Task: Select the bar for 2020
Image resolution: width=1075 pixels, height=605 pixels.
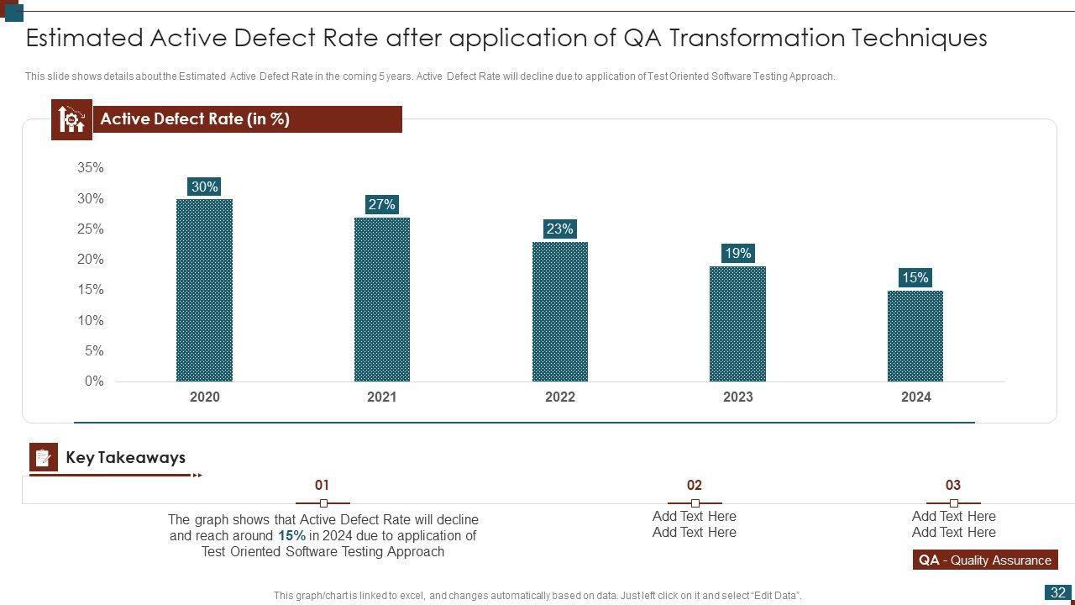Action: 204,290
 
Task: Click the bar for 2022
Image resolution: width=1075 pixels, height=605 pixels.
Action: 559,311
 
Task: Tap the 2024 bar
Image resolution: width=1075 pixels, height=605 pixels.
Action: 915,335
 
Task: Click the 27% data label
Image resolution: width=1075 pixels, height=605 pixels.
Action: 381,204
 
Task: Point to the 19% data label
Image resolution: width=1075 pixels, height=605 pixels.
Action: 737,253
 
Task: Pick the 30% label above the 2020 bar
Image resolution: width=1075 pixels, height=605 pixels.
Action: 204,187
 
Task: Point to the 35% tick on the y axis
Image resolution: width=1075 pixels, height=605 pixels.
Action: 91,168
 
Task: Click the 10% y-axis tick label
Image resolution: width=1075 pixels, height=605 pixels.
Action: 91,320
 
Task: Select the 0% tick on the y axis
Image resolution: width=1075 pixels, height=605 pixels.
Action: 94,381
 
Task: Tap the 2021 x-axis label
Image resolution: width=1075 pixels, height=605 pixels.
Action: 381,397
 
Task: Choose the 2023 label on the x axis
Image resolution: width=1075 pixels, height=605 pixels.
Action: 737,397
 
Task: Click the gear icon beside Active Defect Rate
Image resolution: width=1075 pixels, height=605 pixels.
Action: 71,119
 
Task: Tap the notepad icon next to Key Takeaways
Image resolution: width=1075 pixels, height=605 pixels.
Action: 44,457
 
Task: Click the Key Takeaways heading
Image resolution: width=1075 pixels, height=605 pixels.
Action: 125,458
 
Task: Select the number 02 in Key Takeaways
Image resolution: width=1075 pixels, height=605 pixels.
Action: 694,485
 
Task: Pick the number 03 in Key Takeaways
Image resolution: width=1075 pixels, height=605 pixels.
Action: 952,485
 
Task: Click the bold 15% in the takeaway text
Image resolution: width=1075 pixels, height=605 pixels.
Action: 291,535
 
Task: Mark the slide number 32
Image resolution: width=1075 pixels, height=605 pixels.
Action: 1057,592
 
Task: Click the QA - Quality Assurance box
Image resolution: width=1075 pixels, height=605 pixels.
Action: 984,560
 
